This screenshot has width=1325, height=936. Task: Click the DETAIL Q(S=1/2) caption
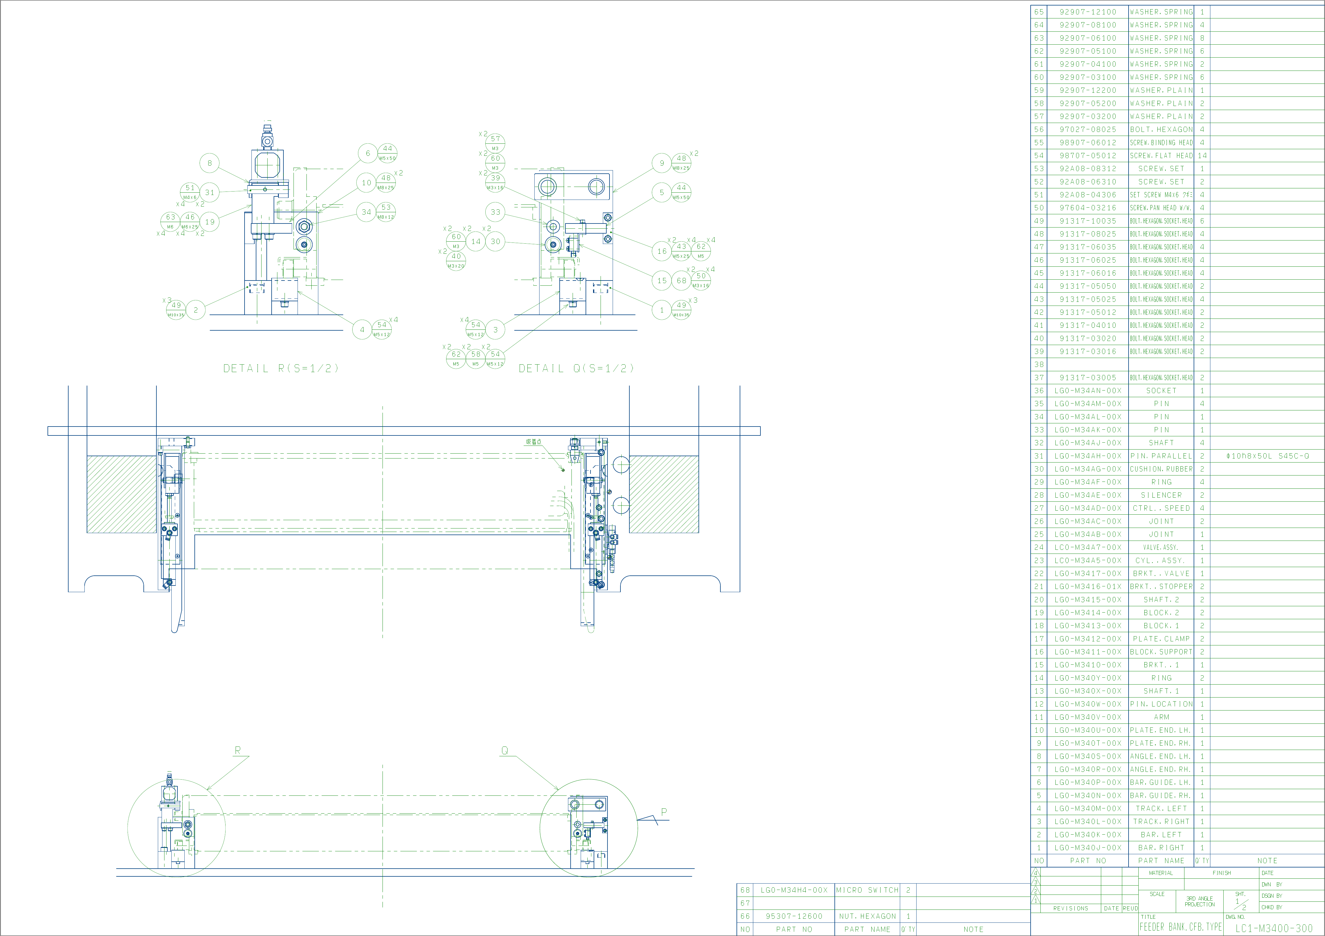point(576,368)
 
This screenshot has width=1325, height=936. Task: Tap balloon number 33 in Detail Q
point(495,212)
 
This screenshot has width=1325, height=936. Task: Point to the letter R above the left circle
point(237,750)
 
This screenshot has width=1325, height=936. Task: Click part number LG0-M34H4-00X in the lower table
point(794,890)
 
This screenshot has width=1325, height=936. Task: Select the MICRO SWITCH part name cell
point(867,890)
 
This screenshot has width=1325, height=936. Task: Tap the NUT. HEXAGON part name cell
point(867,916)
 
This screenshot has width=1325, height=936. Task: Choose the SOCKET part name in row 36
point(1161,391)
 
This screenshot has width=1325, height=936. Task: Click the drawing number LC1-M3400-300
point(1274,928)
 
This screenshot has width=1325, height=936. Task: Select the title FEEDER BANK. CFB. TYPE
point(1180,927)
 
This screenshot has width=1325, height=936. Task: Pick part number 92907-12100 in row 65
point(1088,12)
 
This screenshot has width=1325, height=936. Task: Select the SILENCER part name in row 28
point(1161,495)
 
